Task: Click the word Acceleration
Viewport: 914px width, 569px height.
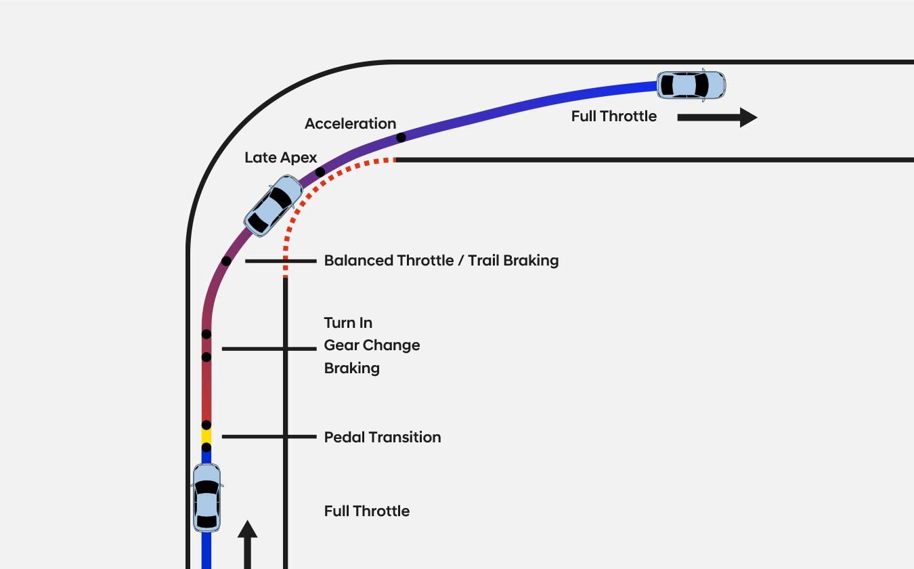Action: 350,123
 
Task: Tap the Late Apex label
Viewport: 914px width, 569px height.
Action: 280,158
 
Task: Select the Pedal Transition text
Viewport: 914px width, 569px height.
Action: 383,437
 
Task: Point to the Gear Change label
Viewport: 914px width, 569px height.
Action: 372,345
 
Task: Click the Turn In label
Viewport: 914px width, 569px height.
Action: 348,322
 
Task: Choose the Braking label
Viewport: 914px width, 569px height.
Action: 351,368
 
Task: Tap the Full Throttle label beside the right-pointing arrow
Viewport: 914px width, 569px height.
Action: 613,117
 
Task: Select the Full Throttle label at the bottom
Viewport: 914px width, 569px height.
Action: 366,511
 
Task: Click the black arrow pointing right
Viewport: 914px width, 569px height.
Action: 717,117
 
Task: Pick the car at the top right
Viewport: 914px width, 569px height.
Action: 691,85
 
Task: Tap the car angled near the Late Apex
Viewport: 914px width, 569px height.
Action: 273,205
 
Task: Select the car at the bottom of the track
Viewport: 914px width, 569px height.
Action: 206,498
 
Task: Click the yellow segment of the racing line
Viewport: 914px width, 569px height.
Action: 206,436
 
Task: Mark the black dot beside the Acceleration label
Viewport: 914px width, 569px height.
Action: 401,138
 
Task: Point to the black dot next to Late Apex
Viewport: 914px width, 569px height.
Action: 320,172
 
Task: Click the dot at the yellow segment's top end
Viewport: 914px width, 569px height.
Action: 206,425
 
